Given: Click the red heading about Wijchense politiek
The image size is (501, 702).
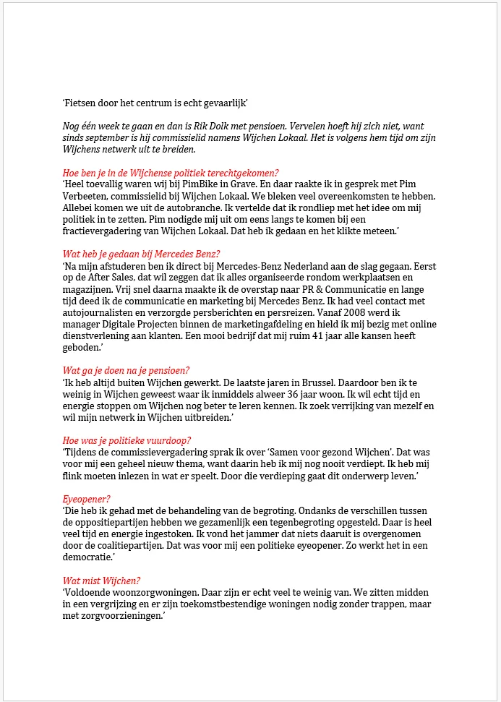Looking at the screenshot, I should (x=170, y=172).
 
